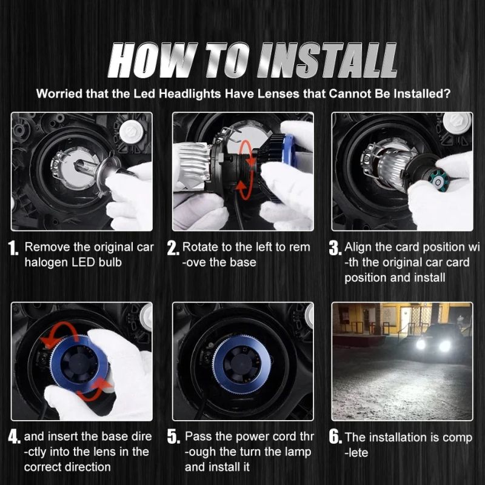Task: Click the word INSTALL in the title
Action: [327, 60]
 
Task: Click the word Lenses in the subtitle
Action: [278, 94]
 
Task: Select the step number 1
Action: [13, 248]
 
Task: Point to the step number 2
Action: [173, 248]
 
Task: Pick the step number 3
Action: [335, 248]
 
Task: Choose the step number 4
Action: [14, 436]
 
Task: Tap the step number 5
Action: [173, 436]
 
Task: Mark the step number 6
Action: [335, 436]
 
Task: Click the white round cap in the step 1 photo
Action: [131, 132]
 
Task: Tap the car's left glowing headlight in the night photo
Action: [421, 344]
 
